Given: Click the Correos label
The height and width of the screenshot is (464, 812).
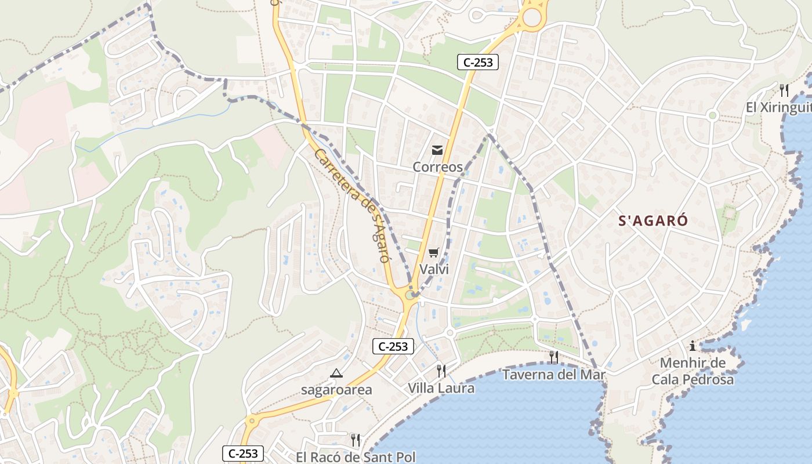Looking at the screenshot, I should (437, 167).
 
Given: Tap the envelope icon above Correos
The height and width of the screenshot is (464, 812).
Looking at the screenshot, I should (437, 151).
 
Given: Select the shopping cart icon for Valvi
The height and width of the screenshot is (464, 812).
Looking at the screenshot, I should (433, 252).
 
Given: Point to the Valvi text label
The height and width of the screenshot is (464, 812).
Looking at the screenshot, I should (434, 269).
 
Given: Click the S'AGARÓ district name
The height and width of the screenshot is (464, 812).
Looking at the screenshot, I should (653, 221).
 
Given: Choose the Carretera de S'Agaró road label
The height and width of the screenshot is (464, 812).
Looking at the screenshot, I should (351, 205).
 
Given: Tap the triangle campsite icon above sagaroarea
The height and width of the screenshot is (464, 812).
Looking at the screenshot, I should (336, 373).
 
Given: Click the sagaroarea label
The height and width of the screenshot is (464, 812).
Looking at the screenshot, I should (336, 390).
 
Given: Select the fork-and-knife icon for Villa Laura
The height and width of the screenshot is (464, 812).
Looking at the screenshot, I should (441, 371).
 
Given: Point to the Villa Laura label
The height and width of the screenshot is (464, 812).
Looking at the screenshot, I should (441, 388).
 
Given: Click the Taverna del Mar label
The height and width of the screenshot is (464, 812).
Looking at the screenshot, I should (553, 375).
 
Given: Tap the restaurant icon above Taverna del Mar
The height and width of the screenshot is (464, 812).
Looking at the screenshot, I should (554, 357).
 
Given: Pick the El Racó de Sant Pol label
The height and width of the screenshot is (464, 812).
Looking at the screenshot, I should (356, 457).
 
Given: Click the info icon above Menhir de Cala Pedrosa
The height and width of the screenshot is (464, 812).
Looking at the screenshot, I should (692, 346).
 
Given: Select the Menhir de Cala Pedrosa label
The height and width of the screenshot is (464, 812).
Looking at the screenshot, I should (693, 372).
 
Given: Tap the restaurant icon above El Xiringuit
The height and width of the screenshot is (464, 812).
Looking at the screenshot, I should (784, 90).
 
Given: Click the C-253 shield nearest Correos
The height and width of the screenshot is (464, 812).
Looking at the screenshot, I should (478, 62).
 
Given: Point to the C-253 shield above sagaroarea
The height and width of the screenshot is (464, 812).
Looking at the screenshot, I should (393, 347).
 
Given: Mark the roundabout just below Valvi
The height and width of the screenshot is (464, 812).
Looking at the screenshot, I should (411, 295).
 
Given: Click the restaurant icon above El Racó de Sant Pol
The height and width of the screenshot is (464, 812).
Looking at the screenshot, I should (356, 440).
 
